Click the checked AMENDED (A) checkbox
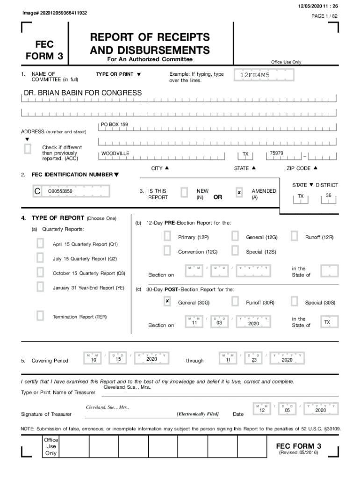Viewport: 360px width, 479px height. [239, 192]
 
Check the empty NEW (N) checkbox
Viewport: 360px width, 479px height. [184, 192]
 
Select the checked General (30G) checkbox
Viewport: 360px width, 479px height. [167, 301]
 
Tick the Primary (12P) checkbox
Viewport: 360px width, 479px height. [167, 237]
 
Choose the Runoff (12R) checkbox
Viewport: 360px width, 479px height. [294, 237]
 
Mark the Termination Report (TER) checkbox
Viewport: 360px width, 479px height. [41, 316]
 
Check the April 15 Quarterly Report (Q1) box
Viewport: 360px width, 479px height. [41, 243]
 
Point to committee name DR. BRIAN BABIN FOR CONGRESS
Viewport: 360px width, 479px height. [83, 93]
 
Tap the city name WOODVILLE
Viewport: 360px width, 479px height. [115, 154]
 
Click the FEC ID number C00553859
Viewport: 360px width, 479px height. [60, 191]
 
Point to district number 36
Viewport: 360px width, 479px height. [329, 196]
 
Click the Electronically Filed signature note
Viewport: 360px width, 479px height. [197, 414]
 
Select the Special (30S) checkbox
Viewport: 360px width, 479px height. [294, 301]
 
